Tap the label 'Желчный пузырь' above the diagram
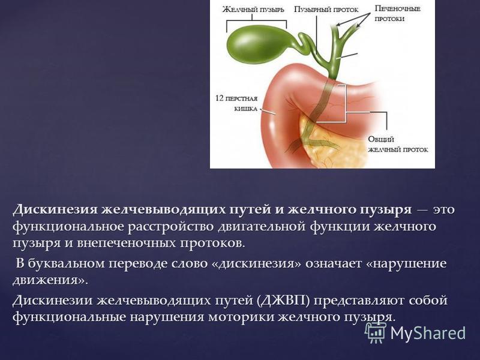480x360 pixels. point(253,10)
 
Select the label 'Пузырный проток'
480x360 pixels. point(326,10)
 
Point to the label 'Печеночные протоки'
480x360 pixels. point(398,13)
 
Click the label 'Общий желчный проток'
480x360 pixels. point(398,145)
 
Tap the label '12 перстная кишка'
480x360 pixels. point(236,103)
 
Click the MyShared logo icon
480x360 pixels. point(376,332)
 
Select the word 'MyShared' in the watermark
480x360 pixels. point(428,333)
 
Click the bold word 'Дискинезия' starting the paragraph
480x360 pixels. point(55,210)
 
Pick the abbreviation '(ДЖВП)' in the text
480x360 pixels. point(284,301)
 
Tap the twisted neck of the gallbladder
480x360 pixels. point(303,42)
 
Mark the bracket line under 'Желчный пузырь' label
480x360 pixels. point(257,21)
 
